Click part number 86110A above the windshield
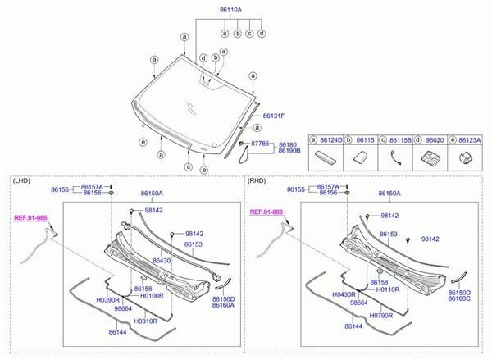pos(230,10)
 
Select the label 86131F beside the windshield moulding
pos(274,116)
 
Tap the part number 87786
pos(260,144)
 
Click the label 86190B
pos(289,151)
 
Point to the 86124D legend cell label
pos(331,140)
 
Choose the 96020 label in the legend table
pos(435,140)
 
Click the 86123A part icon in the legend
pos(467,157)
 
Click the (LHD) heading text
pos(21,180)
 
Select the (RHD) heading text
pos(257,180)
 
